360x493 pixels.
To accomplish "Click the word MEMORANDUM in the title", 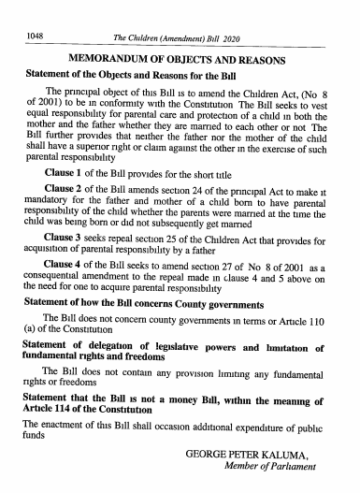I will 113,55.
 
